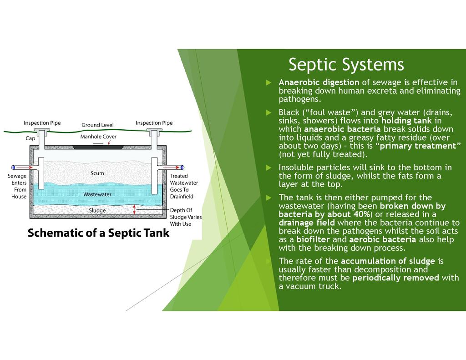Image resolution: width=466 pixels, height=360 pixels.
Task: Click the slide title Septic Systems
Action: pos(346,65)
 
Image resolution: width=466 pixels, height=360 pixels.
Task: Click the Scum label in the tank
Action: pos(97,173)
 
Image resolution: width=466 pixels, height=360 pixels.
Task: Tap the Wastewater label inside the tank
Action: pos(97,194)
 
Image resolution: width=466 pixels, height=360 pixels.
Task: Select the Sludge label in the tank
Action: pos(97,211)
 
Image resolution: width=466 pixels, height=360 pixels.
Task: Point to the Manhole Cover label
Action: pos(98,137)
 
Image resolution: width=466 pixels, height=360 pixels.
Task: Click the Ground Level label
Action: pos(97,125)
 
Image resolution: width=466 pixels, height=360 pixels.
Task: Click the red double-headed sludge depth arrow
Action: pos(134,209)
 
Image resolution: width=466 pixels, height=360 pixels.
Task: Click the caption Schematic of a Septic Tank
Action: pos(98,233)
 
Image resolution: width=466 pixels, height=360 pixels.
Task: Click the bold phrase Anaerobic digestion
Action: pos(319,82)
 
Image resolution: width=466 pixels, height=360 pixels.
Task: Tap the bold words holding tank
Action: pos(406,121)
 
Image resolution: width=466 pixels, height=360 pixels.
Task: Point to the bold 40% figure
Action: pos(359,214)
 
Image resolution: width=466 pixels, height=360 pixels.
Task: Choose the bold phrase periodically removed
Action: pos(395,278)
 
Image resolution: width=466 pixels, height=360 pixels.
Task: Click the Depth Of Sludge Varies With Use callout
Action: pos(185,217)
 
